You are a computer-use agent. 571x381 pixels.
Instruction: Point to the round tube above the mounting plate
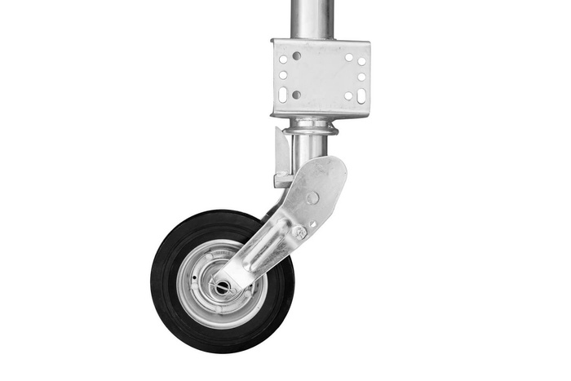pyautogui.click(x=312, y=18)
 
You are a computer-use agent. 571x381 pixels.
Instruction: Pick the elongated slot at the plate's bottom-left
pyautogui.click(x=283, y=94)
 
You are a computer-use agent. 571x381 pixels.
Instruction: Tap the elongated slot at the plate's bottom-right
pyautogui.click(x=361, y=95)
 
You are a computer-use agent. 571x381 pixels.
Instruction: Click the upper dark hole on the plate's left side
pyautogui.click(x=296, y=56)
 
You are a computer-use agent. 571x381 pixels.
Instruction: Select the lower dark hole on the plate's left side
pyautogui.click(x=296, y=95)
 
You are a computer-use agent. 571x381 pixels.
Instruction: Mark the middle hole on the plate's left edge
pyautogui.click(x=283, y=75)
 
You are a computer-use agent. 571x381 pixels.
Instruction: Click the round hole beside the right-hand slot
pyautogui.click(x=348, y=95)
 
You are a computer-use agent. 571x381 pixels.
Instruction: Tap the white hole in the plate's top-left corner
pyautogui.click(x=283, y=59)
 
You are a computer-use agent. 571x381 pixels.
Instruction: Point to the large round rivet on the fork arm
pyautogui.click(x=312, y=197)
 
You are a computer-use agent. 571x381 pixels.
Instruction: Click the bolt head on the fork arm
pyautogui.click(x=299, y=232)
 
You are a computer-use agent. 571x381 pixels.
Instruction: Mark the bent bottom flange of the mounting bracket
pyautogui.click(x=320, y=113)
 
